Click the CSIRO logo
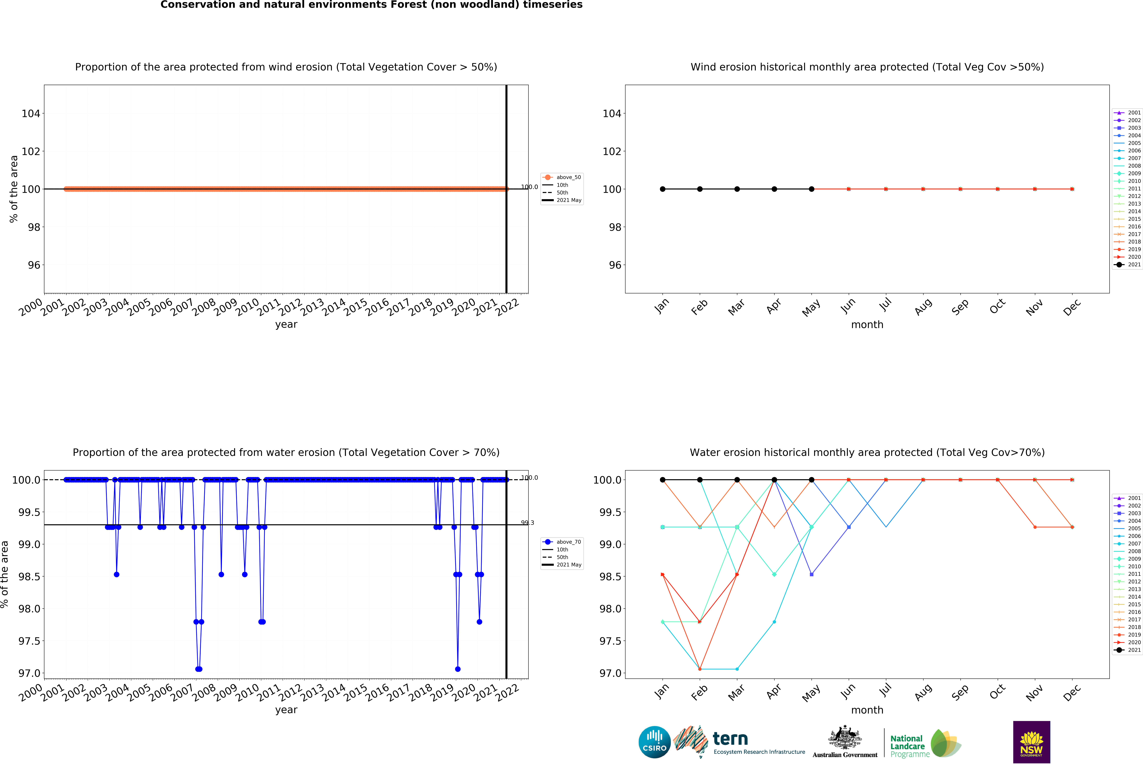point(654,742)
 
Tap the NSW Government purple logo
point(1031,742)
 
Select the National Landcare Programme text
point(907,746)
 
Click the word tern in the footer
point(730,739)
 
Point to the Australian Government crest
point(844,737)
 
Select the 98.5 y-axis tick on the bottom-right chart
point(610,576)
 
